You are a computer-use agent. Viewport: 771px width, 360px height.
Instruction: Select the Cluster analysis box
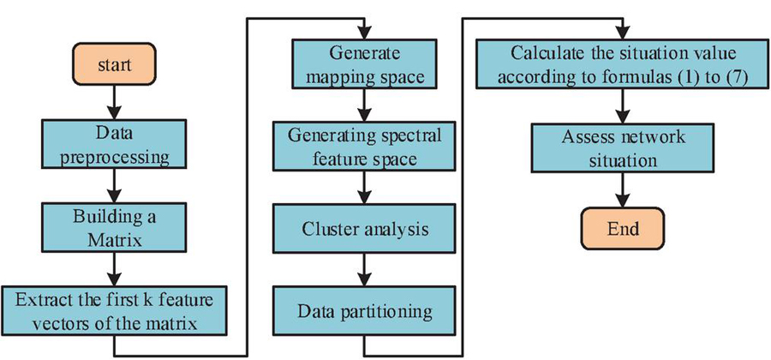click(367, 231)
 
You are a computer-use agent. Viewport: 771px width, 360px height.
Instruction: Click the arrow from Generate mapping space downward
click(367, 105)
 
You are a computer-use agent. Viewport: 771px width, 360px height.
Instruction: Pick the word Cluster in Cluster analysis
click(330, 231)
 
